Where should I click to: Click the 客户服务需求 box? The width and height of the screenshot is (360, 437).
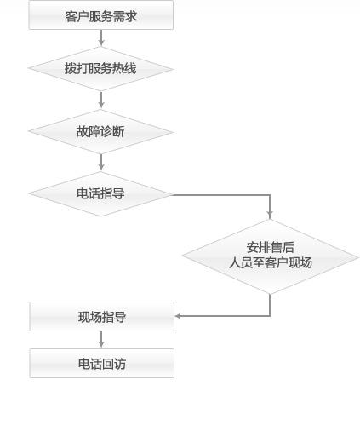[x=101, y=15]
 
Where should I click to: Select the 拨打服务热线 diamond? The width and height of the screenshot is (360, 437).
[x=101, y=69]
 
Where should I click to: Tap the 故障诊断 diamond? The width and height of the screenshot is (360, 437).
[x=101, y=132]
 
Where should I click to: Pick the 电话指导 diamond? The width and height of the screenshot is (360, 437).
[x=100, y=194]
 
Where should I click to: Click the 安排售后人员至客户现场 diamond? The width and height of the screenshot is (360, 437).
[x=270, y=256]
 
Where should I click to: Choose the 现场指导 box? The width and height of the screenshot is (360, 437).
[x=102, y=316]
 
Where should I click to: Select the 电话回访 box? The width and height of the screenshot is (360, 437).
[x=102, y=364]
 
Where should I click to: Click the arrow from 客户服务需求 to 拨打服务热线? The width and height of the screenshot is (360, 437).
[x=101, y=37]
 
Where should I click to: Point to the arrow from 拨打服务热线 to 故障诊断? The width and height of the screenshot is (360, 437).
[x=101, y=100]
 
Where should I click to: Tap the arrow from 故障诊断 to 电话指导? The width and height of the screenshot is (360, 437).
[x=101, y=163]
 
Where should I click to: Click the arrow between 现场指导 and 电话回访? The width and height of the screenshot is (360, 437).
[x=101, y=340]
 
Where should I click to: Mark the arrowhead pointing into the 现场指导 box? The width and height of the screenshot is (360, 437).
[x=178, y=316]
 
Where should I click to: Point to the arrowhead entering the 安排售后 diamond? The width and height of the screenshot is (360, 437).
[x=270, y=215]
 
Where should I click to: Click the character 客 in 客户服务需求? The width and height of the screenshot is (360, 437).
[x=71, y=16]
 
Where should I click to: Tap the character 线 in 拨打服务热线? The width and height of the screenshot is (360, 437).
[x=130, y=68]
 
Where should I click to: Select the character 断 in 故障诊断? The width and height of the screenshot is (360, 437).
[x=118, y=132]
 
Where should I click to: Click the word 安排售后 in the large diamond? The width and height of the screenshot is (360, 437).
[x=270, y=247]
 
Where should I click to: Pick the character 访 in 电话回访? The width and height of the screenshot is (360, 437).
[x=120, y=364]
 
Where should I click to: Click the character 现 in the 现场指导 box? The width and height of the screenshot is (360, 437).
[x=84, y=317]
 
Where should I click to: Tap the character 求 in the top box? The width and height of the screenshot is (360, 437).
[x=131, y=16]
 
